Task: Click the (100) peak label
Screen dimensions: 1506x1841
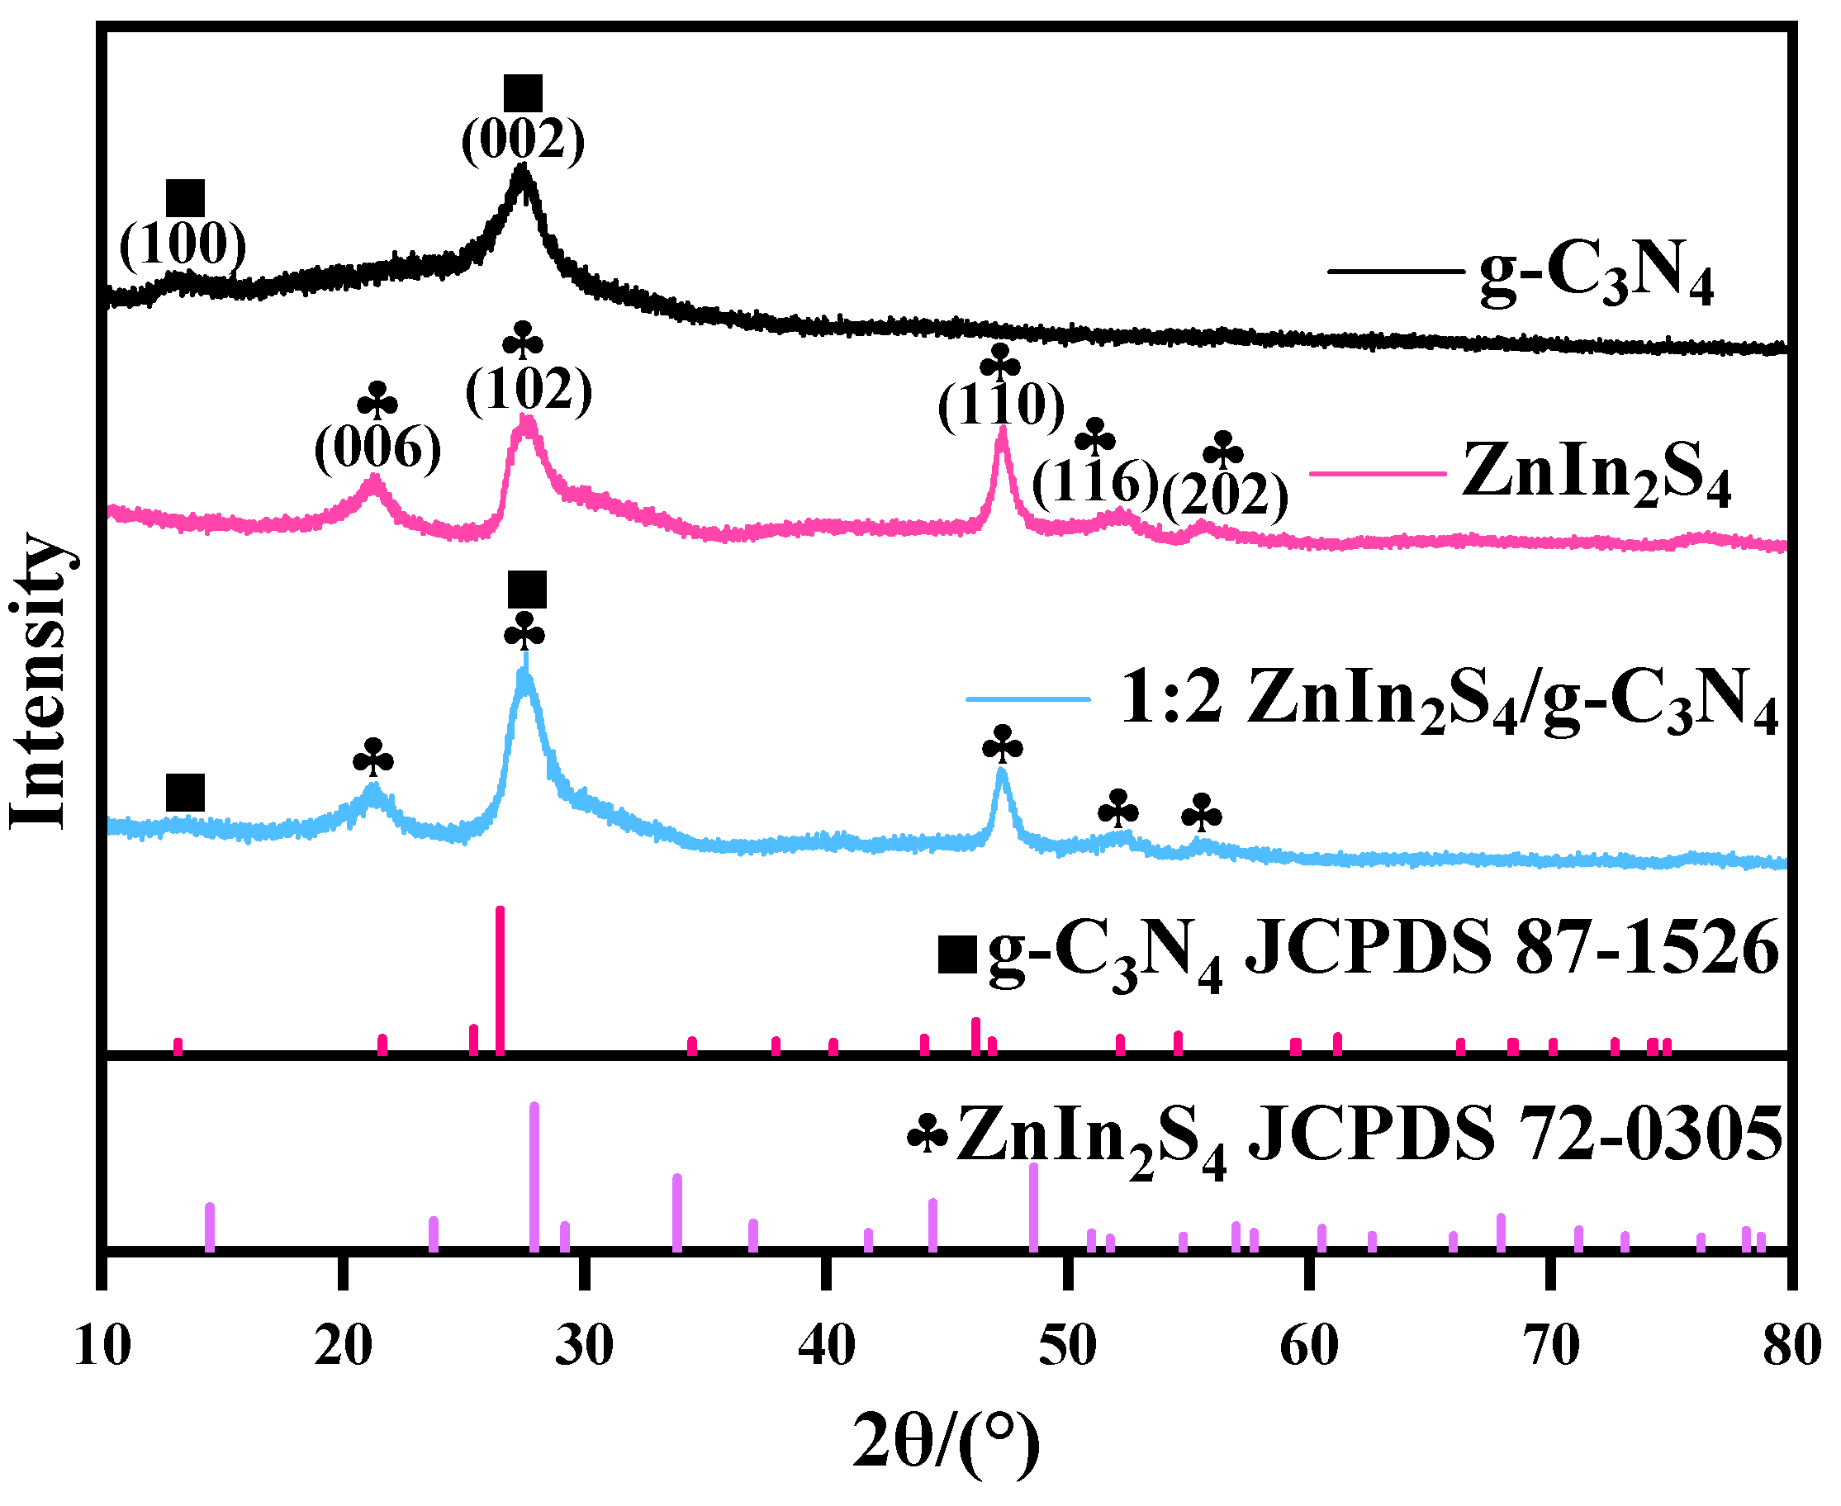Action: point(183,244)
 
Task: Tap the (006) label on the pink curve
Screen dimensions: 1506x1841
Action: point(377,449)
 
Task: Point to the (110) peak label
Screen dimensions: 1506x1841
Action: point(1000,405)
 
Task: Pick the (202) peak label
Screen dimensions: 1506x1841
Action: point(1224,495)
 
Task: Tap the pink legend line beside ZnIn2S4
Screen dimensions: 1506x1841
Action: point(1377,473)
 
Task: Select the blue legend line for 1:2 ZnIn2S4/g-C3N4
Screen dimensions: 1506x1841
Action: point(1028,699)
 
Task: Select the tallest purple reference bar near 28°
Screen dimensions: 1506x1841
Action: point(534,1176)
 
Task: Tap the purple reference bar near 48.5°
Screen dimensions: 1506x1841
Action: point(1032,1205)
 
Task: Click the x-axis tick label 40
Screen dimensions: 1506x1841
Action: point(826,1347)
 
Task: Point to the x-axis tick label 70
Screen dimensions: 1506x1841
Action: point(1551,1347)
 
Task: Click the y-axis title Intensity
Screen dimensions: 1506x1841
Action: point(39,681)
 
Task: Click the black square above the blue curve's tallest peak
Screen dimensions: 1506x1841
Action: point(527,590)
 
